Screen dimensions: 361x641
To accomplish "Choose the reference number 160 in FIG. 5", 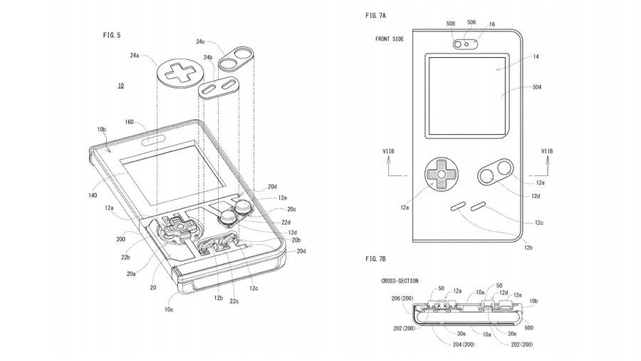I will pyautogui.click(x=130, y=122).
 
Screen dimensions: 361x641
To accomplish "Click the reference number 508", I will pyautogui.click(x=450, y=24).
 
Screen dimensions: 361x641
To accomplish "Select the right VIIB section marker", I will pyautogui.click(x=547, y=151).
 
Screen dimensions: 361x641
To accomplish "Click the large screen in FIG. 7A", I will pyautogui.click(x=467, y=96).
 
